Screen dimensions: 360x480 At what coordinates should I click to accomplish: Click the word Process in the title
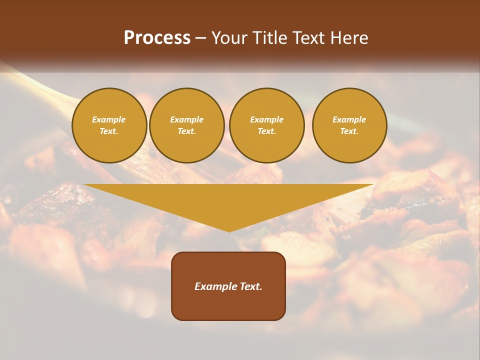(157, 38)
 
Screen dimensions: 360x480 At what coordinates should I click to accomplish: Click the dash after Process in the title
(201, 38)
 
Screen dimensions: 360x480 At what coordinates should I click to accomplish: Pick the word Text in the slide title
(308, 38)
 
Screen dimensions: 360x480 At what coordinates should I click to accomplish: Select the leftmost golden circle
(109, 125)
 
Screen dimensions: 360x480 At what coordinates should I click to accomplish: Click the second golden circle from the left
(187, 125)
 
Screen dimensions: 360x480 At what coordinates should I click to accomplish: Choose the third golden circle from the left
(267, 125)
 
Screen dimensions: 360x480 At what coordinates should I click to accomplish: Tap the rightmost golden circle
(349, 125)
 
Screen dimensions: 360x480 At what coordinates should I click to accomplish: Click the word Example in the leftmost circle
(109, 119)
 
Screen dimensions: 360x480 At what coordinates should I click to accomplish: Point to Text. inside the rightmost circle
(349, 131)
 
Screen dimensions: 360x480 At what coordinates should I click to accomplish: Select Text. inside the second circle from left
(187, 131)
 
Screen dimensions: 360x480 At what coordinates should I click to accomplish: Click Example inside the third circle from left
(267, 119)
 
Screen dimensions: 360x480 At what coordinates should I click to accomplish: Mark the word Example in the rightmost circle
(349, 119)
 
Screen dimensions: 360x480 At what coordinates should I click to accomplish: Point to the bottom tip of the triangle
(229, 230)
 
